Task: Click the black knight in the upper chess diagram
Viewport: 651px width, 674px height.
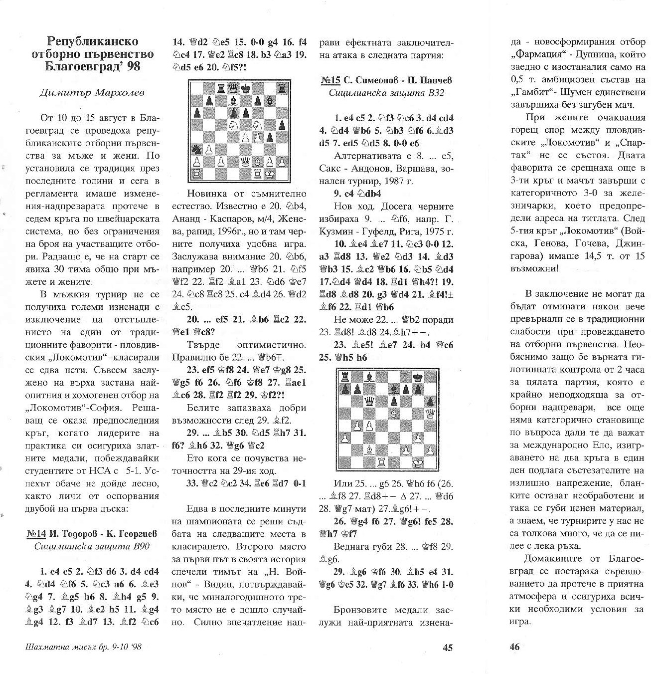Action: pyautogui.click(x=197, y=149)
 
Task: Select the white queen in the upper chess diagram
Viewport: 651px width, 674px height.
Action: pyautogui.click(x=246, y=161)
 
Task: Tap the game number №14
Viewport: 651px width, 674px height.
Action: pyautogui.click(x=35, y=534)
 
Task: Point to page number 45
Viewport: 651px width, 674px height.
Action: pyautogui.click(x=447, y=647)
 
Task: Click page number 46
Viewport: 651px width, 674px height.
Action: pyautogui.click(x=514, y=647)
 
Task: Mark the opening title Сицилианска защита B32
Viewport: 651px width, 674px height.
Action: pyautogui.click(x=386, y=93)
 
